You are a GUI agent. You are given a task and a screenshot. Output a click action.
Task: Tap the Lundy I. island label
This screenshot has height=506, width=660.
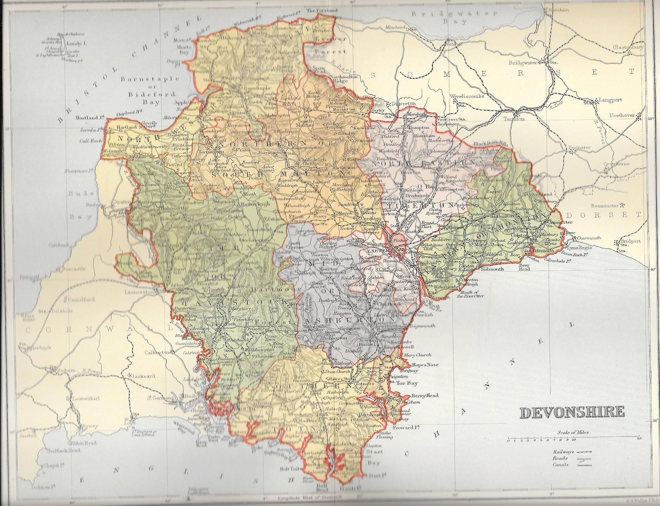76,44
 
